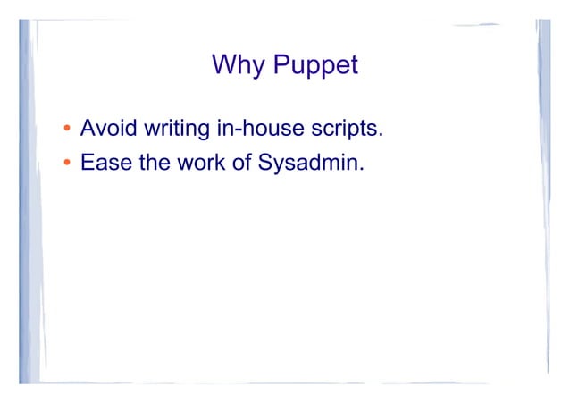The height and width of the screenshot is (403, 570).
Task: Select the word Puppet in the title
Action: [315, 66]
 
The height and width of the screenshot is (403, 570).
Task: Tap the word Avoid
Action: [108, 131]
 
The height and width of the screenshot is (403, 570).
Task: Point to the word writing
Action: [175, 132]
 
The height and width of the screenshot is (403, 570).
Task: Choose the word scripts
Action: [346, 132]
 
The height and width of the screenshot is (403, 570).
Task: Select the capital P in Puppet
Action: [281, 65]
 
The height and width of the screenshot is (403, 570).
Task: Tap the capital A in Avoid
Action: [88, 131]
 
